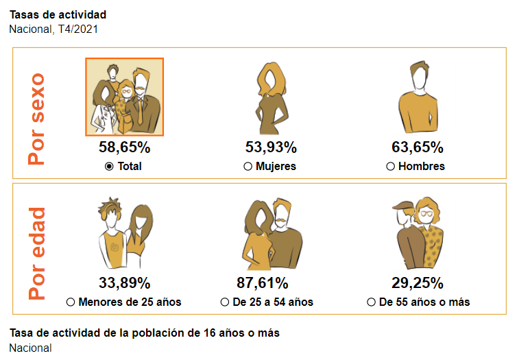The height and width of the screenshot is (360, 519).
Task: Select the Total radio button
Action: [x=109, y=167]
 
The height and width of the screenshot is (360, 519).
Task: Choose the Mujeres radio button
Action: [x=248, y=167]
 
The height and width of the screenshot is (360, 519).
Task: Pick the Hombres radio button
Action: [x=391, y=167]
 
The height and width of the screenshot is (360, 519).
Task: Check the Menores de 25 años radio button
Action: [x=71, y=302]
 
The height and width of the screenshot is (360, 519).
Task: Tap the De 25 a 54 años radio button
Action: [x=226, y=302]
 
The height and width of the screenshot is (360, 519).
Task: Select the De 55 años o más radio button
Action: [x=371, y=302]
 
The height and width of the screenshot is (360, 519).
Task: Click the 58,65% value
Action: [x=124, y=147]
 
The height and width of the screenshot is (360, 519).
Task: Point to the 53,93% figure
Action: [x=271, y=147]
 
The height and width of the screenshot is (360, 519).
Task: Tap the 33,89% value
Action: [x=124, y=283]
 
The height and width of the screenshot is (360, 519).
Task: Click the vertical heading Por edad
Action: [x=36, y=253]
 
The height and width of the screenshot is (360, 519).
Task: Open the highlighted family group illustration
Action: [x=124, y=97]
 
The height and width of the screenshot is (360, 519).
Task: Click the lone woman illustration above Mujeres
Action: [x=271, y=97]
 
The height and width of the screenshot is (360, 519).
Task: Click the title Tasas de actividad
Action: [x=58, y=14]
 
